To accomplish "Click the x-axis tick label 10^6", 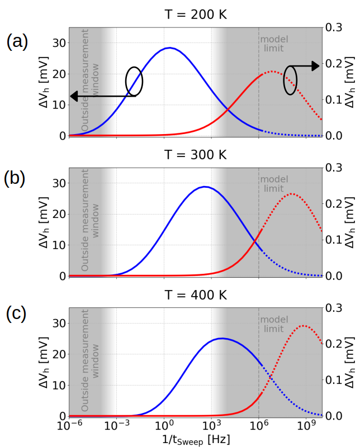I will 259,426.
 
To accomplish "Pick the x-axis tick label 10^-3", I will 116,426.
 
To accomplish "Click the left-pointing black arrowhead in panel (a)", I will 73,97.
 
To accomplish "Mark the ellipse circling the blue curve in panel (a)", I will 134,80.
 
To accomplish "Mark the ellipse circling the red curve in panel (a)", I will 290,79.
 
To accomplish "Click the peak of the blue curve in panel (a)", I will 169,48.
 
